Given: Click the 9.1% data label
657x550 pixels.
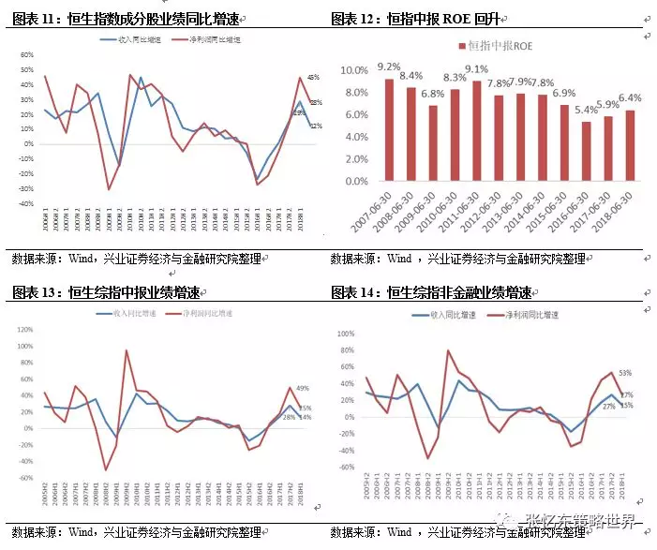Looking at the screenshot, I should pos(476,68).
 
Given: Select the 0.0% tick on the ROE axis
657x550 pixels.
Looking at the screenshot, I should pos(355,182).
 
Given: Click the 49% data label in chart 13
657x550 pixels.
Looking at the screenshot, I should pos(303,388).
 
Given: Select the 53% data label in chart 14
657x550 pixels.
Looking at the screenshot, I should pos(624,373).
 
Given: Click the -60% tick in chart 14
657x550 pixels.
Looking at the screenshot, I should pos(344,467).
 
